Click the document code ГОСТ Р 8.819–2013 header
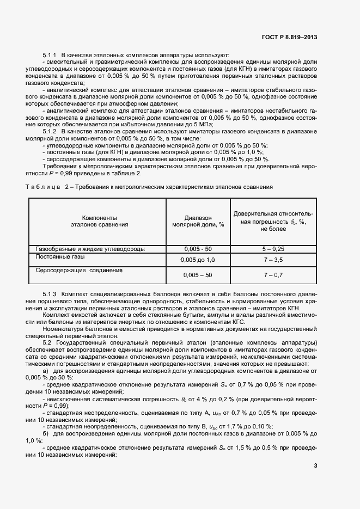coord(290,37)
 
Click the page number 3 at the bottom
coord(315,465)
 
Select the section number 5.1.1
coord(50,56)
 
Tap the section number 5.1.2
coord(50,131)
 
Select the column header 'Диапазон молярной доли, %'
coord(198,220)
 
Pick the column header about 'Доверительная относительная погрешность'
coord(273,221)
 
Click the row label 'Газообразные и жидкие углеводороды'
coord(90,249)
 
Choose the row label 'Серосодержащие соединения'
coord(79,270)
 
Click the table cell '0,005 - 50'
coord(198,249)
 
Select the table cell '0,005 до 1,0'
coord(198,260)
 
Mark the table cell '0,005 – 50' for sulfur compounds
coord(198,275)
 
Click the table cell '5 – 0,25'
coord(273,249)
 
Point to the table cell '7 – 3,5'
coord(273,260)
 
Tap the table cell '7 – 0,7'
coord(273,275)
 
